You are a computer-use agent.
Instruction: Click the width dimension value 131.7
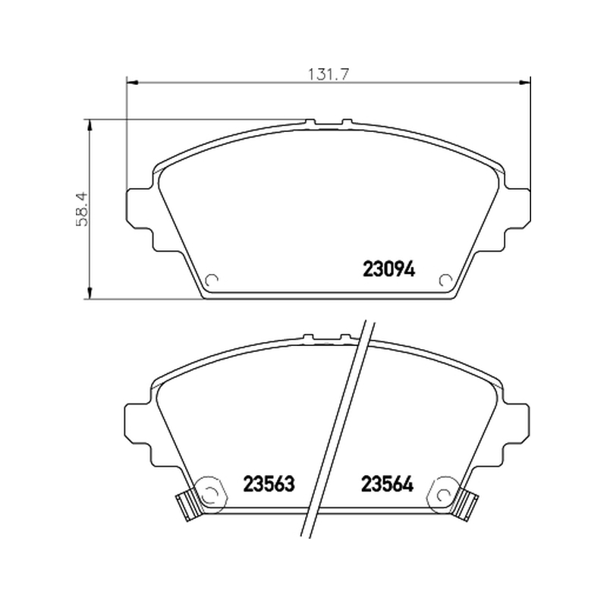pyautogui.click(x=329, y=74)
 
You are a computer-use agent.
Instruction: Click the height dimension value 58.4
pyautogui.click(x=83, y=209)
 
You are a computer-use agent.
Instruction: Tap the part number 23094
pyautogui.click(x=388, y=269)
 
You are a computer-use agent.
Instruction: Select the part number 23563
pyautogui.click(x=269, y=483)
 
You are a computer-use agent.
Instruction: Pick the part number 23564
pyautogui.click(x=387, y=483)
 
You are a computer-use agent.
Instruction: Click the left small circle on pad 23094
pyautogui.click(x=212, y=280)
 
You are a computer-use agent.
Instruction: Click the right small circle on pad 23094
pyautogui.click(x=445, y=280)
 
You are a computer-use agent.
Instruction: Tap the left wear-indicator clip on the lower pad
pyautogui.click(x=189, y=505)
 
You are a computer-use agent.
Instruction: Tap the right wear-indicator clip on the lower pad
pyautogui.click(x=467, y=505)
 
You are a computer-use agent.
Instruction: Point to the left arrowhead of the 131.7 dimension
pyautogui.click(x=132, y=82)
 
